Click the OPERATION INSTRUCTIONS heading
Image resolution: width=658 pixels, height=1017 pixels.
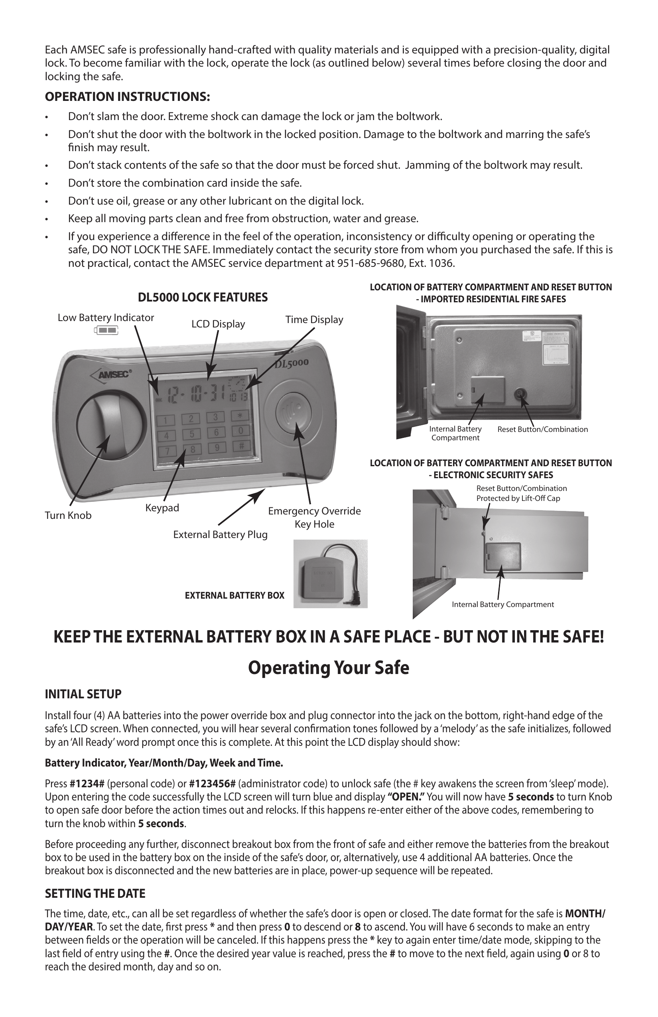[x=127, y=97]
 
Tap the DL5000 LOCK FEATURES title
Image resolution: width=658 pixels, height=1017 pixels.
[x=203, y=298]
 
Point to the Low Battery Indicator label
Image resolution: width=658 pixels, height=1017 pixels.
[x=106, y=318]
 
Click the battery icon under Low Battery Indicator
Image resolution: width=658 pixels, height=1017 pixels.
[x=106, y=330]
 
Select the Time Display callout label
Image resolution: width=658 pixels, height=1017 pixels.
[x=314, y=319]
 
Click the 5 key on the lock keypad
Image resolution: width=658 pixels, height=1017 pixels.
[x=192, y=434]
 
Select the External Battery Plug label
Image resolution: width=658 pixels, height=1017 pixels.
[x=220, y=534]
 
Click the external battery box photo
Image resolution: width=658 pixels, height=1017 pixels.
[x=330, y=574]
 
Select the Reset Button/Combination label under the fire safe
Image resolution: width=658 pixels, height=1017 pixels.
[x=542, y=430]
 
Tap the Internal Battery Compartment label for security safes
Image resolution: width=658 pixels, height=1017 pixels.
[x=502, y=605]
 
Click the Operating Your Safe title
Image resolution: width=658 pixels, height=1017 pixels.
[x=329, y=668]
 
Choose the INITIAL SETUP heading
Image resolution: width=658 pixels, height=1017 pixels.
[x=83, y=694]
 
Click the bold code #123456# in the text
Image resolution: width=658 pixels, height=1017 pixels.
[x=212, y=784]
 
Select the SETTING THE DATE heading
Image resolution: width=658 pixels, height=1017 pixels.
[x=95, y=893]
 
